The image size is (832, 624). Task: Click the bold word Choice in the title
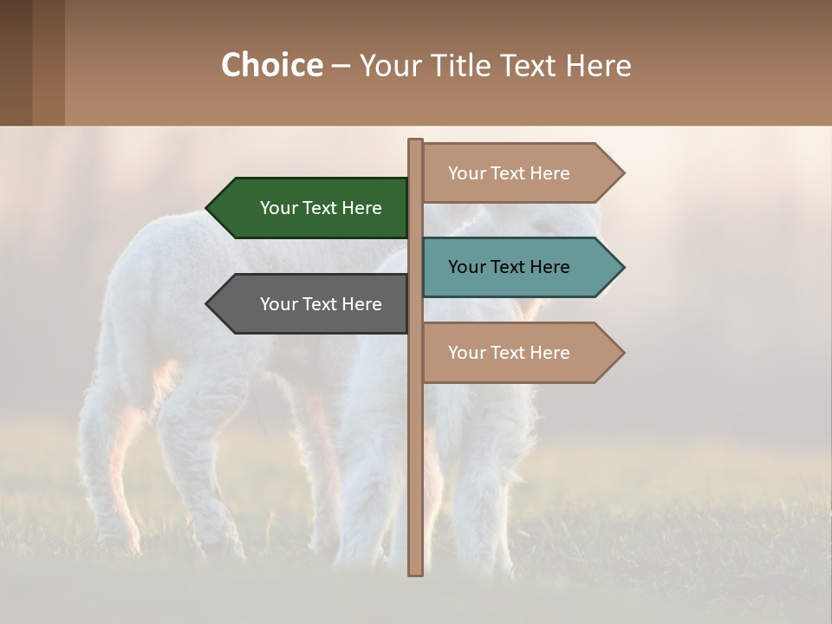coord(271,66)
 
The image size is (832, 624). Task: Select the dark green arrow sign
coord(312,208)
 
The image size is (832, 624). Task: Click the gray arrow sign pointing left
coord(312,304)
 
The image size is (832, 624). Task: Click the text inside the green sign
coord(321,208)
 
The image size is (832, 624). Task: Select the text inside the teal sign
coord(509,267)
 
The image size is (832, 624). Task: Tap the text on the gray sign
coord(321,304)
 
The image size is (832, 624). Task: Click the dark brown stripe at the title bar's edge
coord(16,62)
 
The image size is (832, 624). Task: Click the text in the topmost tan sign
coord(509,173)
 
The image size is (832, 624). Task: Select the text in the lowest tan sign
coord(509,353)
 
